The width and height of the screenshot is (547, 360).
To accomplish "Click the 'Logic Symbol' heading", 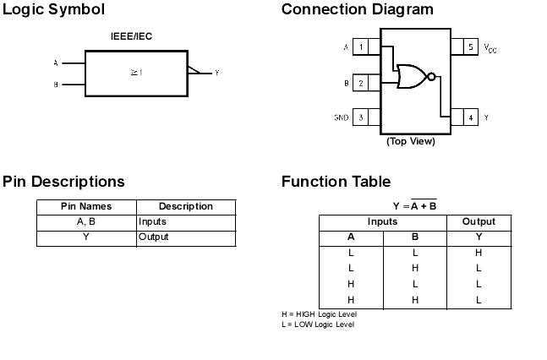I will (54, 10).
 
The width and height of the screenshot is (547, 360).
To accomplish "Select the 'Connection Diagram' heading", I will (357, 10).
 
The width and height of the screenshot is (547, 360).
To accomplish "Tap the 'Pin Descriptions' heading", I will (63, 182).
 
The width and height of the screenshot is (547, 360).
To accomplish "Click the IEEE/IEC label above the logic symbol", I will (131, 36).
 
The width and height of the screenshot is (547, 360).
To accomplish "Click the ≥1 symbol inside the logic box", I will (135, 73).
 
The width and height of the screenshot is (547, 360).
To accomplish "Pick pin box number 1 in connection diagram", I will (361, 47).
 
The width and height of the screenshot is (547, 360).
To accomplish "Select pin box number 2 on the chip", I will (361, 83).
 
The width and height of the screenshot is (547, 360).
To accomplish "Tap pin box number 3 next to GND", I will (361, 117).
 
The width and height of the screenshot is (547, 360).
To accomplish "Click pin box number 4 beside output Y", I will (471, 117).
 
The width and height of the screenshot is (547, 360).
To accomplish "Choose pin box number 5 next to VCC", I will (471, 47).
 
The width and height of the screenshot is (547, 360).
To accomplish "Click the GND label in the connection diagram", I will (341, 117).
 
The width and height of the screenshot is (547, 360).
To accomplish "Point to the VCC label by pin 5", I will (490, 48).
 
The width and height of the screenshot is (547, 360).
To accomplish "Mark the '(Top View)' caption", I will (411, 141).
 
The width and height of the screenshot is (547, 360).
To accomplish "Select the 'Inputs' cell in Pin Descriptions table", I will (152, 221).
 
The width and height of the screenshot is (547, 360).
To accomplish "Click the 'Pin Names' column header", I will (86, 206).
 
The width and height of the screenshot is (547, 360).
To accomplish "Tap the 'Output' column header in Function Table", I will (479, 221).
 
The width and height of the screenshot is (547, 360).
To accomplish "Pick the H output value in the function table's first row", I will (479, 253).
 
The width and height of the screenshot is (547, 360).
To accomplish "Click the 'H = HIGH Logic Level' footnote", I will (320, 314).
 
